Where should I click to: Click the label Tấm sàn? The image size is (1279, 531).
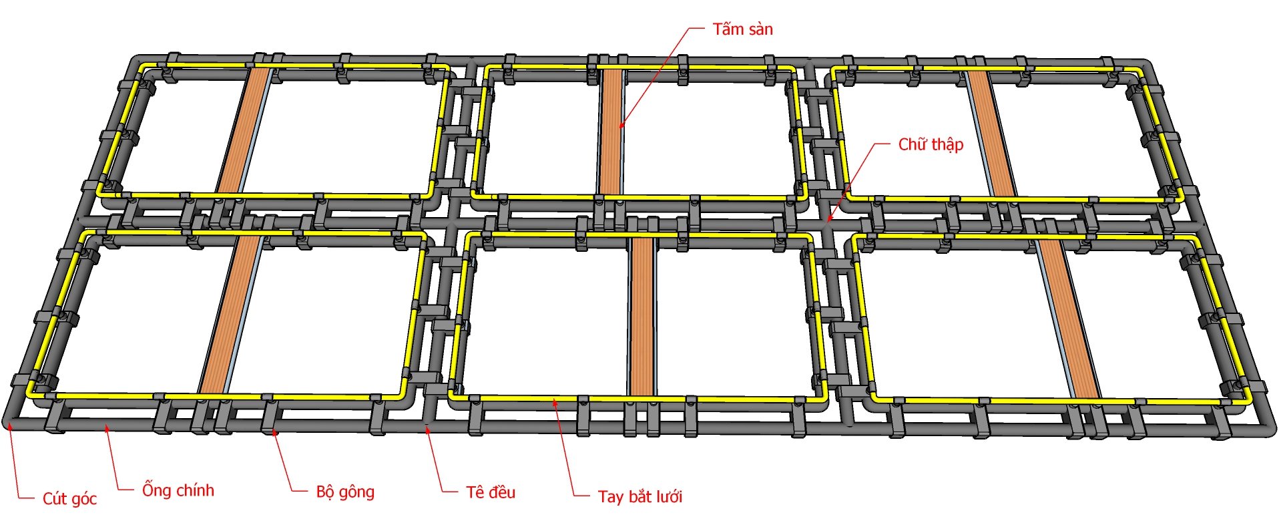click(x=742, y=29)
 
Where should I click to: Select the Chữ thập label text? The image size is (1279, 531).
click(x=931, y=144)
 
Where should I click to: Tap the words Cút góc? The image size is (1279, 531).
click(x=69, y=499)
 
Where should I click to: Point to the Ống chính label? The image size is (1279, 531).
click(x=178, y=490)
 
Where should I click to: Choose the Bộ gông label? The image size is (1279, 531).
click(x=345, y=492)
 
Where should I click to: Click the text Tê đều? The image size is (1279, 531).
click(x=491, y=493)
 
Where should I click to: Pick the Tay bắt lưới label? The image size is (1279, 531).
click(x=640, y=497)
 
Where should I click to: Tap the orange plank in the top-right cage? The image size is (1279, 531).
click(x=991, y=134)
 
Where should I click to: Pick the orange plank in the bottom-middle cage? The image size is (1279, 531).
click(x=642, y=317)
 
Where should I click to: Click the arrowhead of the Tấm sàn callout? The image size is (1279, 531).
click(x=620, y=126)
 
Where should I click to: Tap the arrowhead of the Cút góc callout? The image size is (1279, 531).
click(x=9, y=425)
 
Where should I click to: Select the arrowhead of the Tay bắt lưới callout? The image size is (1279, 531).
click(x=553, y=401)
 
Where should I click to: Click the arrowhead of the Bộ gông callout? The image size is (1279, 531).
click(x=274, y=431)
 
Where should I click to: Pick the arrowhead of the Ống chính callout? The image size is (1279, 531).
click(x=105, y=425)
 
